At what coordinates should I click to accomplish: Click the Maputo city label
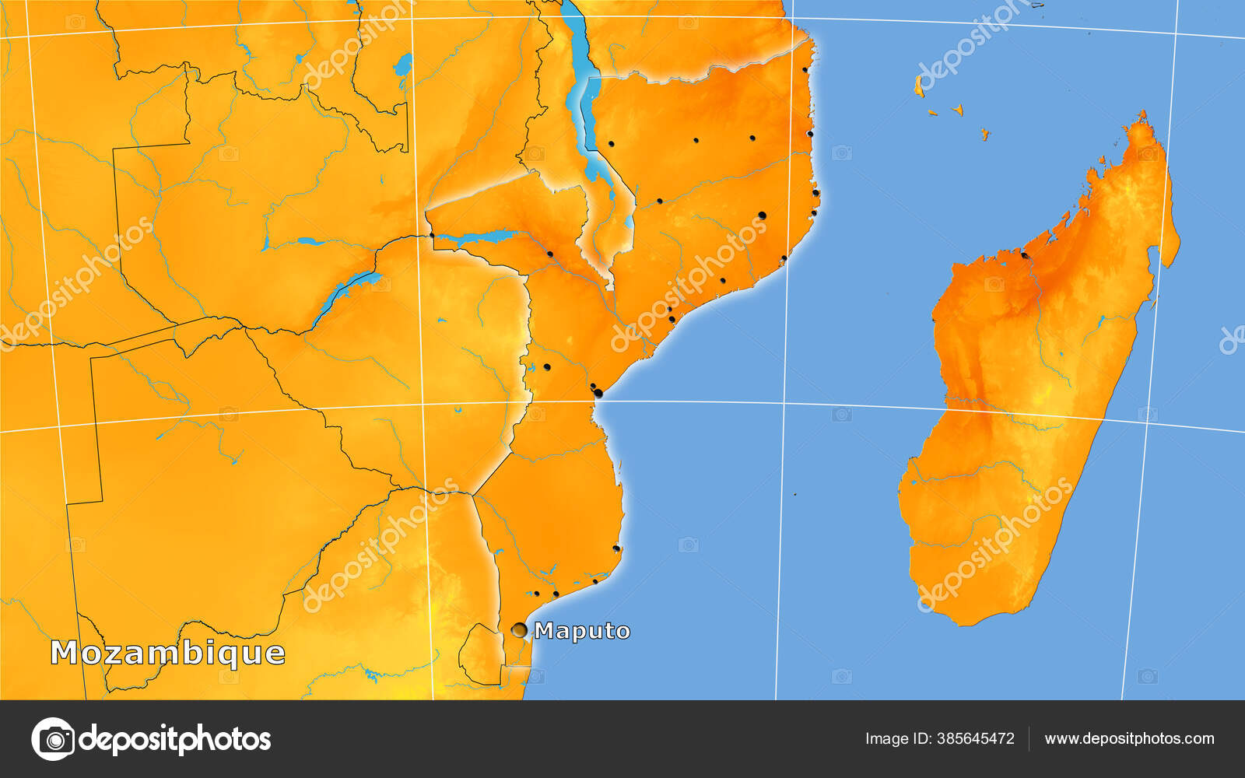(582, 630)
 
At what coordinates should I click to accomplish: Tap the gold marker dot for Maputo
(519, 630)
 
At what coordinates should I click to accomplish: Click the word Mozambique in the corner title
(167, 653)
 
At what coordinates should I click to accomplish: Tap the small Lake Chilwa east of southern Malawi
(627, 224)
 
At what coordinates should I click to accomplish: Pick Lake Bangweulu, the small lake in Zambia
(403, 64)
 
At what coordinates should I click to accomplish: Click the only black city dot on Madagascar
(1024, 254)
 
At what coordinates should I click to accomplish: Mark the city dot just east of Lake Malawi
(611, 143)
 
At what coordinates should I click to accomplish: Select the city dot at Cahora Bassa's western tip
(431, 234)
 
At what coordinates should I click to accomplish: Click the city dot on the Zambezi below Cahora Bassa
(549, 254)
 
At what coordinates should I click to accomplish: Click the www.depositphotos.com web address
(1129, 738)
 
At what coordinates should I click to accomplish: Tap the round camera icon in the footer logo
(53, 738)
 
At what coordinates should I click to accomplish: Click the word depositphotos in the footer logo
(175, 738)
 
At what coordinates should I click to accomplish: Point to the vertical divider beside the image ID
(1029, 738)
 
